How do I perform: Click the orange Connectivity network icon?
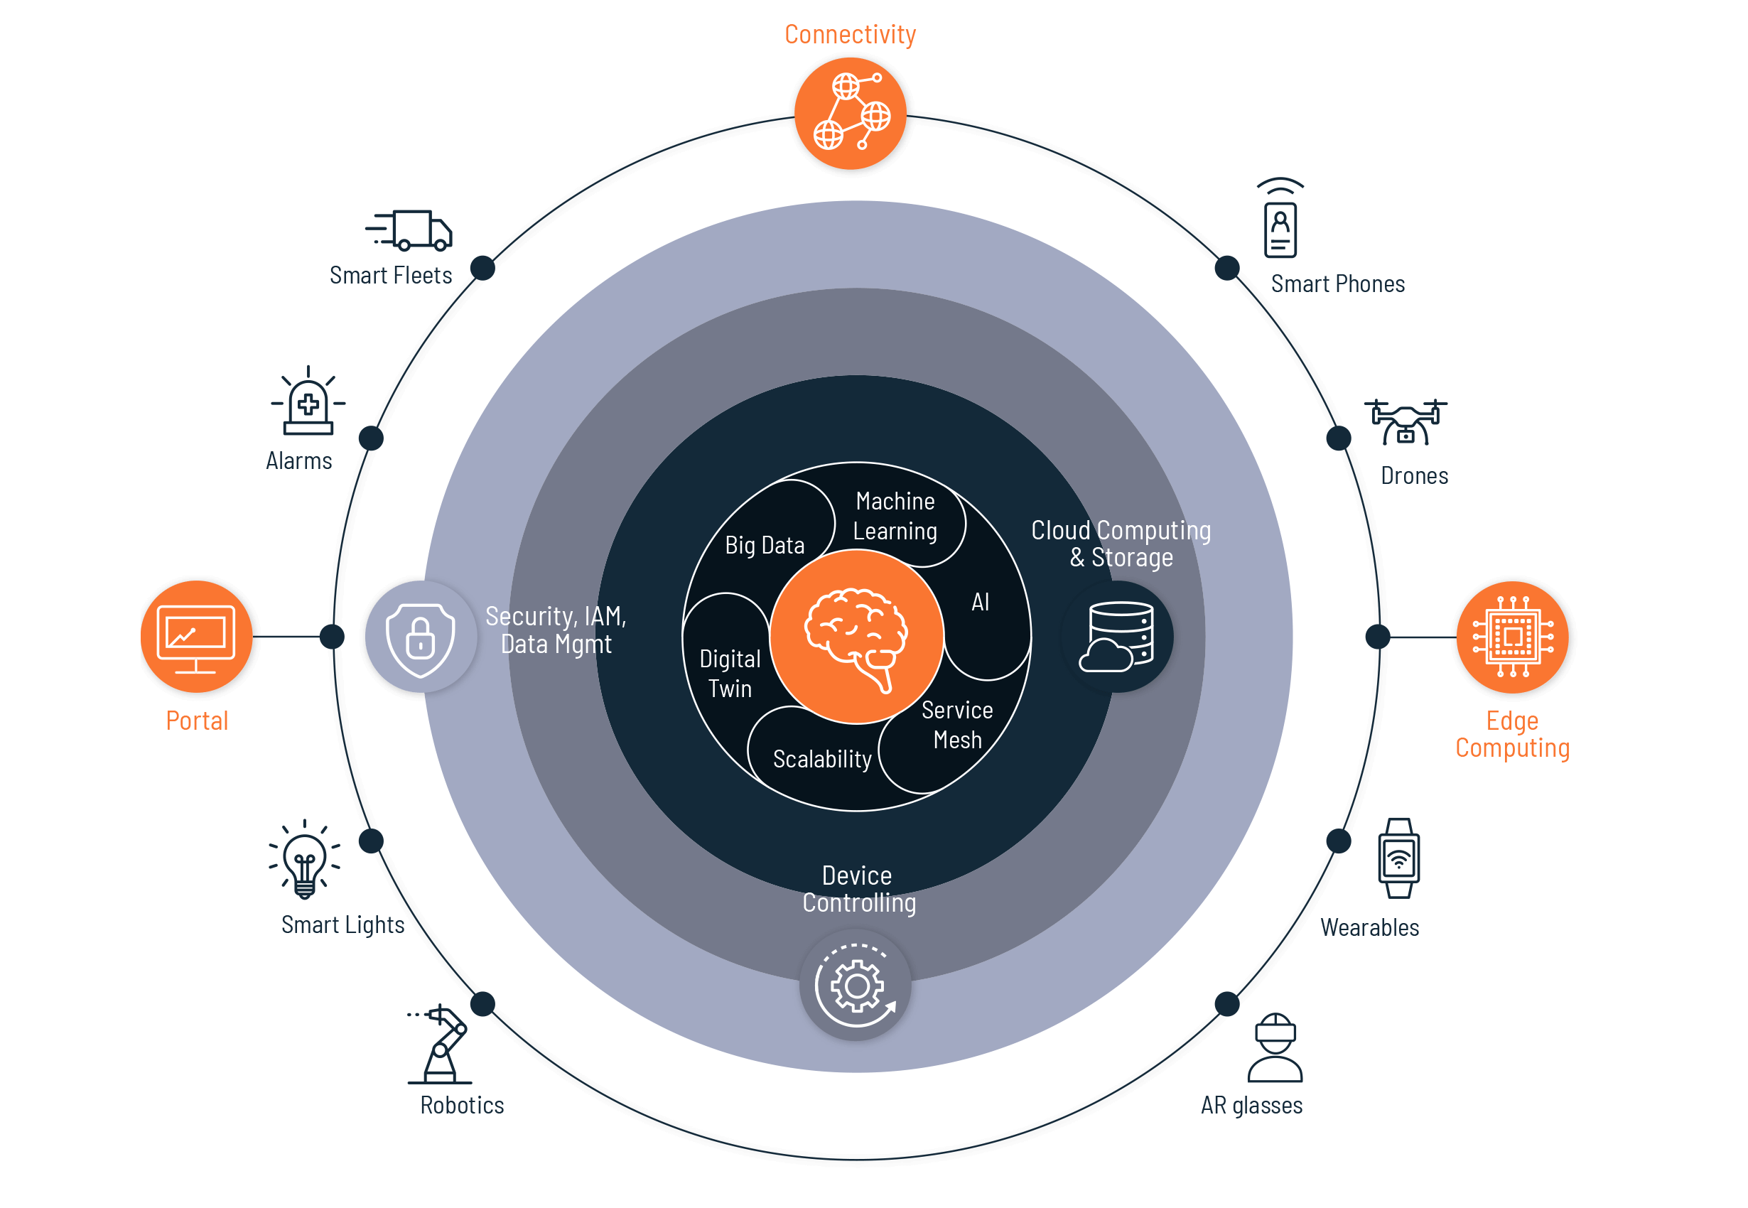(851, 114)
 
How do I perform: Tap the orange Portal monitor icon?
(197, 637)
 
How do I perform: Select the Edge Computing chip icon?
(1512, 637)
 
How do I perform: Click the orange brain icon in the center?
(856, 637)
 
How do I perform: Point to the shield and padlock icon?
(421, 637)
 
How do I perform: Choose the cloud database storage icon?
(1118, 637)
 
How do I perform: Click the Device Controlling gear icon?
(856, 985)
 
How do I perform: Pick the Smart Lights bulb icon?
(305, 860)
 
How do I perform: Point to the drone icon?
(1406, 422)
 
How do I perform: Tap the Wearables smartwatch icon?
(1398, 858)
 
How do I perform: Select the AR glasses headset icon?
(1275, 1048)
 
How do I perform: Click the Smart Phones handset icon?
(1280, 220)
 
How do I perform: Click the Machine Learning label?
(895, 516)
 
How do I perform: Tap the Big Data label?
(765, 545)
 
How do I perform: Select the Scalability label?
(822, 759)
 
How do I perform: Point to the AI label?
(980, 603)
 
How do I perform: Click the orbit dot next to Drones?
(1339, 438)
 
